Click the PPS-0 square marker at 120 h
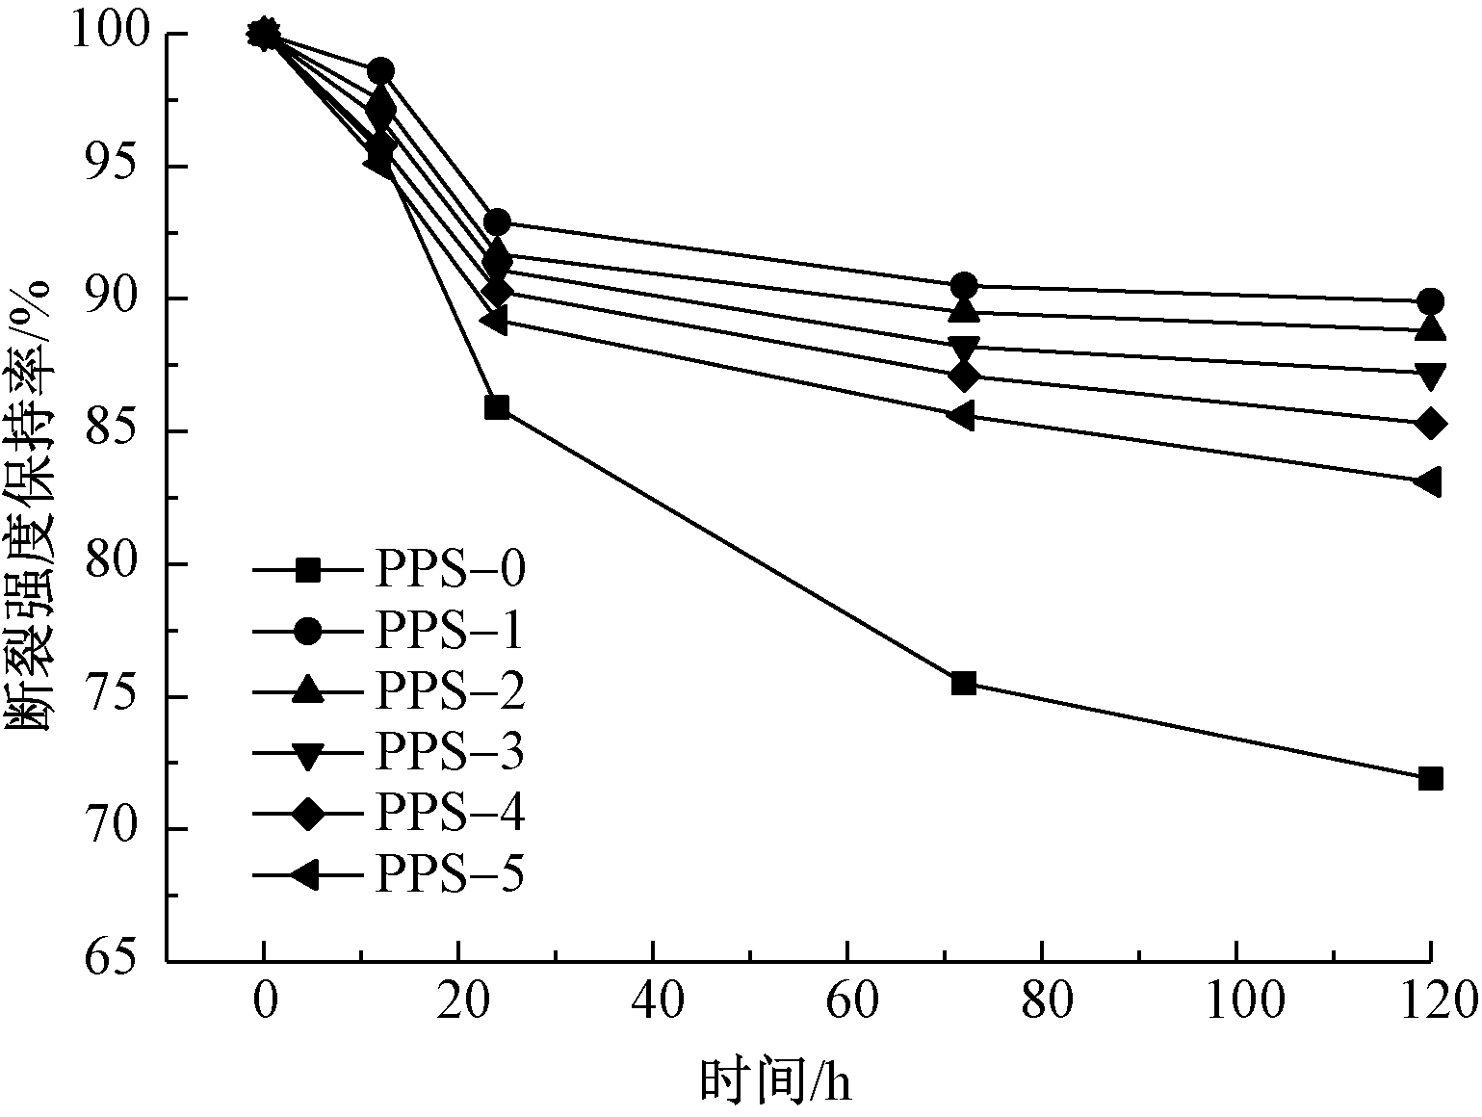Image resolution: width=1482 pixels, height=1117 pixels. (1430, 778)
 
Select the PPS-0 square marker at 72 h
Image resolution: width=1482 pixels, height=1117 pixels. (964, 684)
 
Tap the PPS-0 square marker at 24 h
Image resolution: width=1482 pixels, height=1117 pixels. (497, 407)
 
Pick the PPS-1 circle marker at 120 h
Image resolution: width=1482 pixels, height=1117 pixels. (1430, 301)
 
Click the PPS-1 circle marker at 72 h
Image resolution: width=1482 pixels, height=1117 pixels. (964, 286)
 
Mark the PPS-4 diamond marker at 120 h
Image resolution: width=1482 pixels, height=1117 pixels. (1430, 424)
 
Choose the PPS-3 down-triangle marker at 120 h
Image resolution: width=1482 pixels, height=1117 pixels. (1430, 375)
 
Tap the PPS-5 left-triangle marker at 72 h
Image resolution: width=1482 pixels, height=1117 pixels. (962, 416)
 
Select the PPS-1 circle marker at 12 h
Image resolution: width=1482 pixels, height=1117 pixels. (380, 71)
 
